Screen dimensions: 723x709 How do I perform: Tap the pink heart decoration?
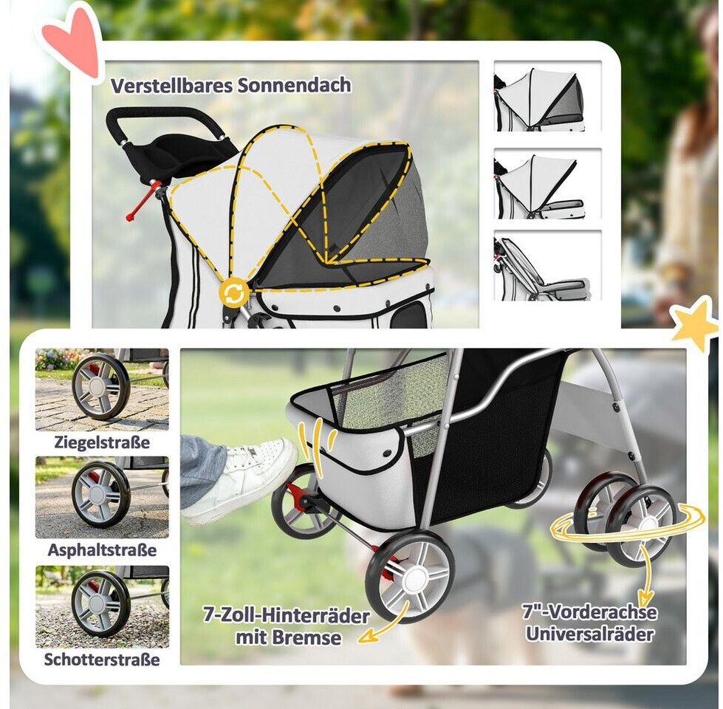click(x=72, y=41)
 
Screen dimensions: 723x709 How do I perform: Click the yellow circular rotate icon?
click(x=234, y=292)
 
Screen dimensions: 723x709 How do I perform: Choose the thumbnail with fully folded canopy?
click(x=547, y=266)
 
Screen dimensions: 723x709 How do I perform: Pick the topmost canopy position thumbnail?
click(x=547, y=96)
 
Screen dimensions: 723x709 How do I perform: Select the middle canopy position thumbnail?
click(x=547, y=183)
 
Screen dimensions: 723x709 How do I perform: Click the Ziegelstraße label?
click(x=102, y=442)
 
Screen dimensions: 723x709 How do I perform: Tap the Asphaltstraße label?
click(x=102, y=550)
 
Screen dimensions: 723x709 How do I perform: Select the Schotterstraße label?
click(x=102, y=660)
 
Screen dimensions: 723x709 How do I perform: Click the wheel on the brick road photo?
click(x=100, y=386)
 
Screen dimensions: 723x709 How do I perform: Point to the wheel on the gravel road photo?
click(x=100, y=603)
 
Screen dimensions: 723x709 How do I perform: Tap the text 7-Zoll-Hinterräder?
click(x=287, y=615)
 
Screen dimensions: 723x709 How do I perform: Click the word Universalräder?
click(x=590, y=634)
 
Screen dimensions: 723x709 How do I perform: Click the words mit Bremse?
click(x=289, y=637)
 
